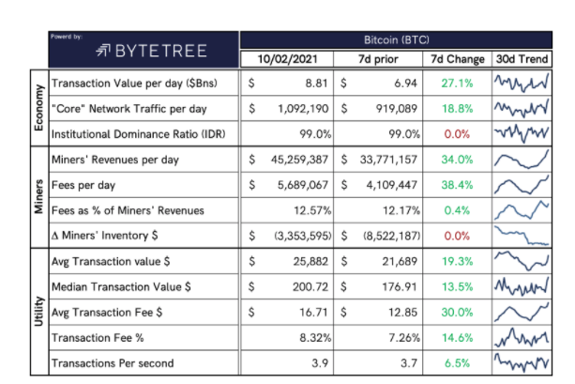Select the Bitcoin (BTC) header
[399, 41]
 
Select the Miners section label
[38, 196]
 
